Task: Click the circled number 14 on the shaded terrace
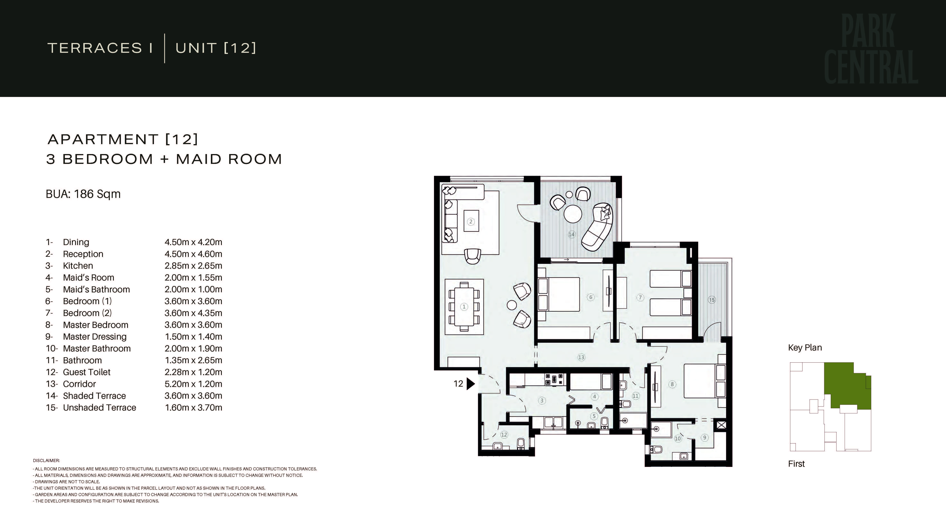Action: point(571,234)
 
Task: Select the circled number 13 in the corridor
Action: point(581,357)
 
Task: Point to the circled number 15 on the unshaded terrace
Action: point(712,300)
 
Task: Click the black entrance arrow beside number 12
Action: point(470,384)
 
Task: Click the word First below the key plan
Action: point(796,464)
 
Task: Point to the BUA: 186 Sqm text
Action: point(83,194)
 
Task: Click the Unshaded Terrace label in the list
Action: point(100,407)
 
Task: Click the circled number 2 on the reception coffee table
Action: point(471,221)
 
